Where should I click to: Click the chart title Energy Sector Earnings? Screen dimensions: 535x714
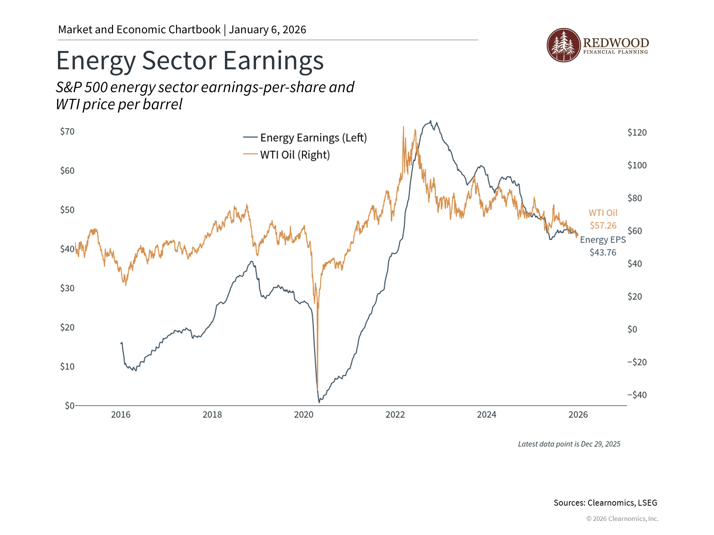tap(190, 61)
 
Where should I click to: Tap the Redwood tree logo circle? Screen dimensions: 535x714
tap(563, 45)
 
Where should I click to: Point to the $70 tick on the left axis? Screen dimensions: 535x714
tap(67, 132)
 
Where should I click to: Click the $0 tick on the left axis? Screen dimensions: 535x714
tap(70, 405)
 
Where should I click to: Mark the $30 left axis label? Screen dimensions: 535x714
tap(67, 288)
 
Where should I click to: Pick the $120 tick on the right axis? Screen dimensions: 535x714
tap(637, 133)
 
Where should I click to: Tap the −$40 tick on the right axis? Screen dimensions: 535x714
tap(637, 395)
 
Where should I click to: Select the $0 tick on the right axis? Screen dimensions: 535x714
tap(632, 330)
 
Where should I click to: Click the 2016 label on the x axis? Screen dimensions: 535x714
tap(121, 415)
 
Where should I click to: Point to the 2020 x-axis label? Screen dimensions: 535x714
tap(304, 415)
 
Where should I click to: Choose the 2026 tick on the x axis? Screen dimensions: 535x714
tap(578, 415)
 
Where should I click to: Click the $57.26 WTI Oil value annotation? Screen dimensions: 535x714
tap(603, 226)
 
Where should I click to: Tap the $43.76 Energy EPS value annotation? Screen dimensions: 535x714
tap(603, 253)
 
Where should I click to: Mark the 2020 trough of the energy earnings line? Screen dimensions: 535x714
tap(319, 402)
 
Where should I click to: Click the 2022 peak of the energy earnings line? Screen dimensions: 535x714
tap(431, 121)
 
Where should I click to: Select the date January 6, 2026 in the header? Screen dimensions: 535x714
tap(267, 30)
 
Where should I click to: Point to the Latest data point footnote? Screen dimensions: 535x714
tap(569, 444)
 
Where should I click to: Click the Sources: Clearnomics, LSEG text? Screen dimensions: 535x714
tap(605, 503)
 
